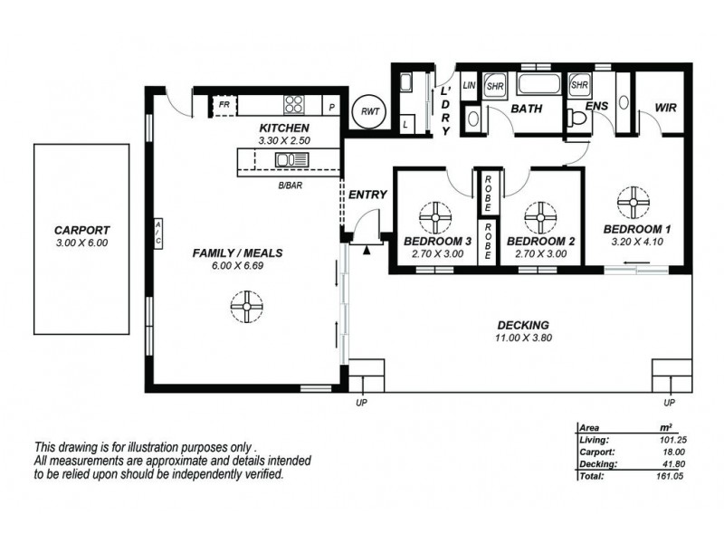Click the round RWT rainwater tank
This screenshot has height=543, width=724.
(368, 111)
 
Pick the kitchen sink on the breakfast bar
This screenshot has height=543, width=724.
(292, 160)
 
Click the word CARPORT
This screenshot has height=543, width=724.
(81, 230)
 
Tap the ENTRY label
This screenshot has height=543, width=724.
(367, 195)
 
